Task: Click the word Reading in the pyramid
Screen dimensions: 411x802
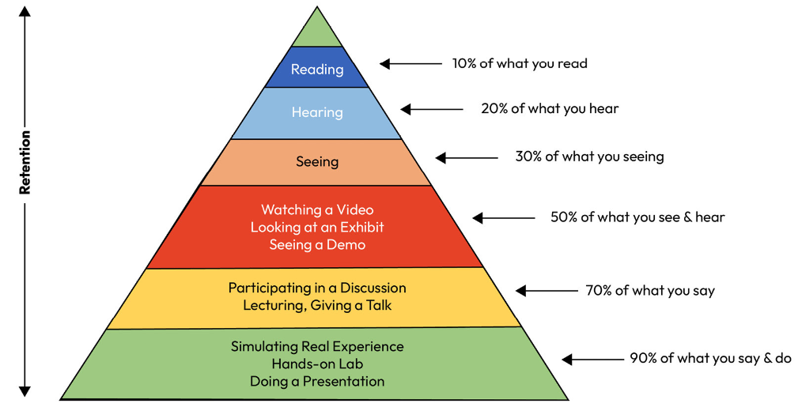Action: point(317,70)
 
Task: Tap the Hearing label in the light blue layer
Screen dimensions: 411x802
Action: point(317,112)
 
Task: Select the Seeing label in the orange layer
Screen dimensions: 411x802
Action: point(317,162)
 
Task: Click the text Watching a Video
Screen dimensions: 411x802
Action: point(317,209)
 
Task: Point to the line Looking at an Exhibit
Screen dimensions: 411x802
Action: point(317,227)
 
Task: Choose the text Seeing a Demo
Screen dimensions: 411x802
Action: point(317,244)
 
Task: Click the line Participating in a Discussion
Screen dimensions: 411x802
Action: point(317,288)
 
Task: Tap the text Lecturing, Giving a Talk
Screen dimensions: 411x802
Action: point(317,306)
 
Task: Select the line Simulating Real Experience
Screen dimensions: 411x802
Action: point(317,346)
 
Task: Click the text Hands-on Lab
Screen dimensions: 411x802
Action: point(317,364)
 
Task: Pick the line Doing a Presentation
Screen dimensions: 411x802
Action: point(317,381)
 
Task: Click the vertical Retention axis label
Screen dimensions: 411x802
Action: point(25,162)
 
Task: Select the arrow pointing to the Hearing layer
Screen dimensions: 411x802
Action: point(432,109)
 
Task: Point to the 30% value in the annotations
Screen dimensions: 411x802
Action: point(530,156)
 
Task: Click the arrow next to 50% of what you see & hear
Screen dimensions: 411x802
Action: point(503,217)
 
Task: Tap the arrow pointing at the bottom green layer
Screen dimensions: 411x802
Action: point(592,359)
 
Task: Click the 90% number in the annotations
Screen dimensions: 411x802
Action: point(643,358)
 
